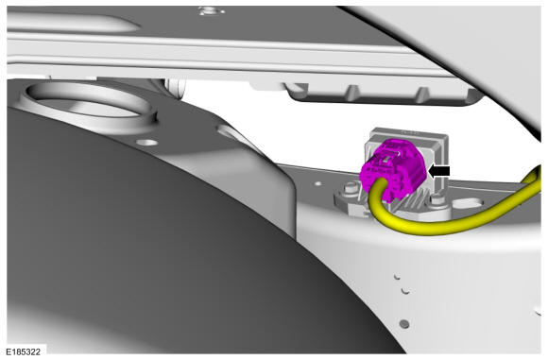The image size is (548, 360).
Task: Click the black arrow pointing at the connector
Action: (x=439, y=171)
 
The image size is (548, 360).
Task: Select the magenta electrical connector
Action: (x=394, y=169)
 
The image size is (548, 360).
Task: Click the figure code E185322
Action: (x=23, y=351)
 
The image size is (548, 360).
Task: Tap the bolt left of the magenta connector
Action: (x=351, y=189)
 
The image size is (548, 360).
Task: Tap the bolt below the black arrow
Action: (x=437, y=200)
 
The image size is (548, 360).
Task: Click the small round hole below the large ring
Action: (x=147, y=143)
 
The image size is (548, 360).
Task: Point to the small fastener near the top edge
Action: (x=211, y=10)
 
